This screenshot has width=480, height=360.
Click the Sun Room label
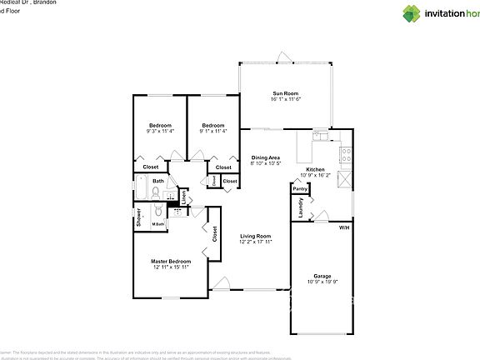coord(284,93)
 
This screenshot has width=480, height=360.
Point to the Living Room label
coord(257,236)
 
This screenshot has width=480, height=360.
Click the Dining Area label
coord(266,157)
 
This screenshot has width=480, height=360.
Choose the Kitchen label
coord(315,169)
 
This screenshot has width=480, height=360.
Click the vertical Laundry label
coord(300,207)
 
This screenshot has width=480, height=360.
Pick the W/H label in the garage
coord(343,227)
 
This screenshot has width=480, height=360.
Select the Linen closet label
coord(185,198)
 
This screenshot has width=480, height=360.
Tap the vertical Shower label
coord(138,219)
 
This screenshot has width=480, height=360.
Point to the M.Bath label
coord(157,224)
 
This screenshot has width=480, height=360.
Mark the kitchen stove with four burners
coord(346,153)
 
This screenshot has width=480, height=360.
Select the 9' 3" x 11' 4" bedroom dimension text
coord(160,131)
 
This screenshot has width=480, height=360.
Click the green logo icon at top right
coord(412,12)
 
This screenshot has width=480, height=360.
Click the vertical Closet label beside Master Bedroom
coord(214,234)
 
